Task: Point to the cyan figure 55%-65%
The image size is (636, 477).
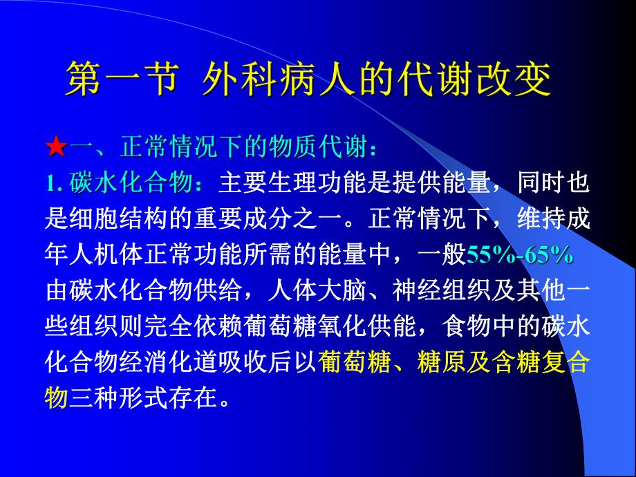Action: coord(520,255)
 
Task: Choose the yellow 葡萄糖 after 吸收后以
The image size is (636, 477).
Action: coord(353,363)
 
